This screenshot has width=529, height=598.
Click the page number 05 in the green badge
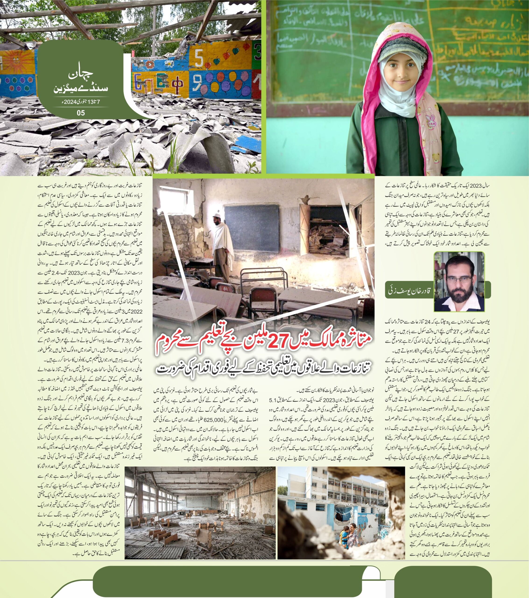tap(81, 113)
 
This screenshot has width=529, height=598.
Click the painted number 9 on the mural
tap(197, 82)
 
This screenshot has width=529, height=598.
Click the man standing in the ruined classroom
tap(222, 249)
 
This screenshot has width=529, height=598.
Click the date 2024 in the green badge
tap(69, 102)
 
